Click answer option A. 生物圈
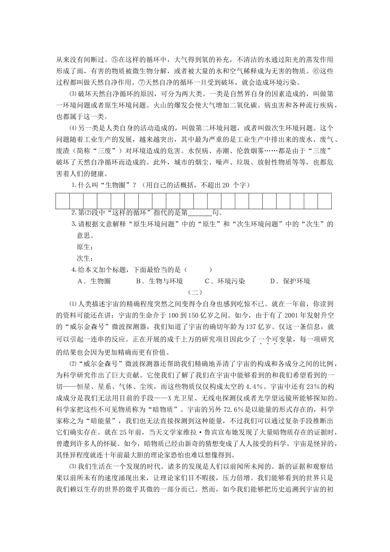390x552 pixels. click(x=94, y=281)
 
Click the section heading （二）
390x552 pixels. click(x=195, y=292)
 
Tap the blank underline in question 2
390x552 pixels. click(x=200, y=213)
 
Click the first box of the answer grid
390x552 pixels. click(x=62, y=201)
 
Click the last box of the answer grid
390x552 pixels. click(x=324, y=201)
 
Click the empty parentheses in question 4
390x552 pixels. click(x=198, y=270)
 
